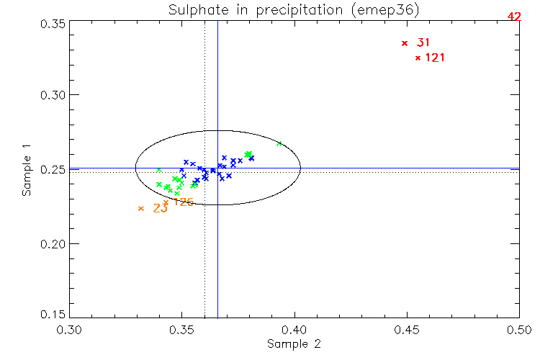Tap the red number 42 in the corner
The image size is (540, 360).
tap(514, 16)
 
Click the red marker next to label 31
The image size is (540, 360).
tap(405, 43)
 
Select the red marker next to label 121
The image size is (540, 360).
tap(418, 58)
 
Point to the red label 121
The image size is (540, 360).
tap(435, 58)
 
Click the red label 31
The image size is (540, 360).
tap(423, 43)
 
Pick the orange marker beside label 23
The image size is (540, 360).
tap(141, 209)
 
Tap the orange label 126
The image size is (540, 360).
tap(183, 202)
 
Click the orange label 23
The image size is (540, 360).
tap(161, 209)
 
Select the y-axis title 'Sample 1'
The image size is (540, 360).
tap(27, 170)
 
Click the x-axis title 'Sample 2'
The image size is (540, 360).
tap(293, 344)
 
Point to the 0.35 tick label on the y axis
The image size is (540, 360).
tap(51, 24)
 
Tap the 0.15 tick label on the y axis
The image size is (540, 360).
tap(51, 315)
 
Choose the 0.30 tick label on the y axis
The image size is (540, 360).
tap(51, 95)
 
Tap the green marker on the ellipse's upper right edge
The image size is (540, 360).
tap(279, 143)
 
